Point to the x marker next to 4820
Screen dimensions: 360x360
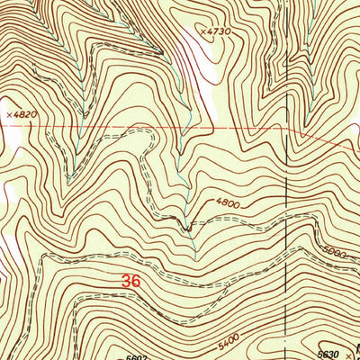coord(6,115)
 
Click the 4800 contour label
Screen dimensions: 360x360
coord(227,204)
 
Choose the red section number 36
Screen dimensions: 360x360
coord(131,281)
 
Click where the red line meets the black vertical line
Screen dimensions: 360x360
coord(287,129)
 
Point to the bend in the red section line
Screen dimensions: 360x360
coord(300,131)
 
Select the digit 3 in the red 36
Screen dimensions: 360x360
coord(126,281)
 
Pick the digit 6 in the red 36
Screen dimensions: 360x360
coord(137,281)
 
